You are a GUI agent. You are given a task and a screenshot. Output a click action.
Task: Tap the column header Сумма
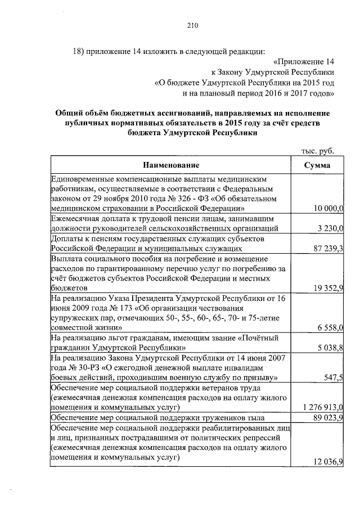click(317, 165)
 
